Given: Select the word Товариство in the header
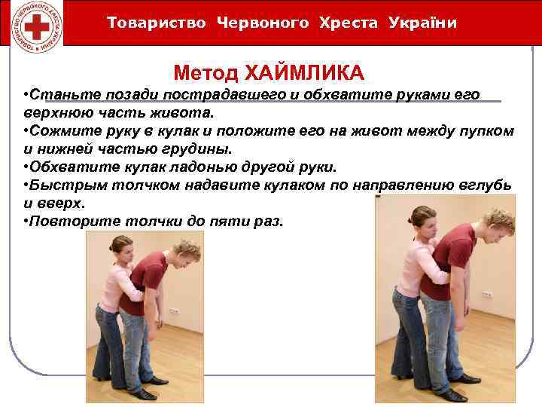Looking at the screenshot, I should (157, 23).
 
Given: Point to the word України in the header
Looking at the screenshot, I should (422, 23).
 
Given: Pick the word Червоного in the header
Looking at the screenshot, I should (263, 23).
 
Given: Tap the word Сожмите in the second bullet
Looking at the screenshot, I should (61, 131).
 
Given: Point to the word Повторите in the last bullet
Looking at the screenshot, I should (69, 222).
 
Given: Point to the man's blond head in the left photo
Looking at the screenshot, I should (185, 251).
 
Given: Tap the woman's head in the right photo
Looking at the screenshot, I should (424, 218).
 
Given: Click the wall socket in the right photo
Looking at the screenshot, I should (488, 294).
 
